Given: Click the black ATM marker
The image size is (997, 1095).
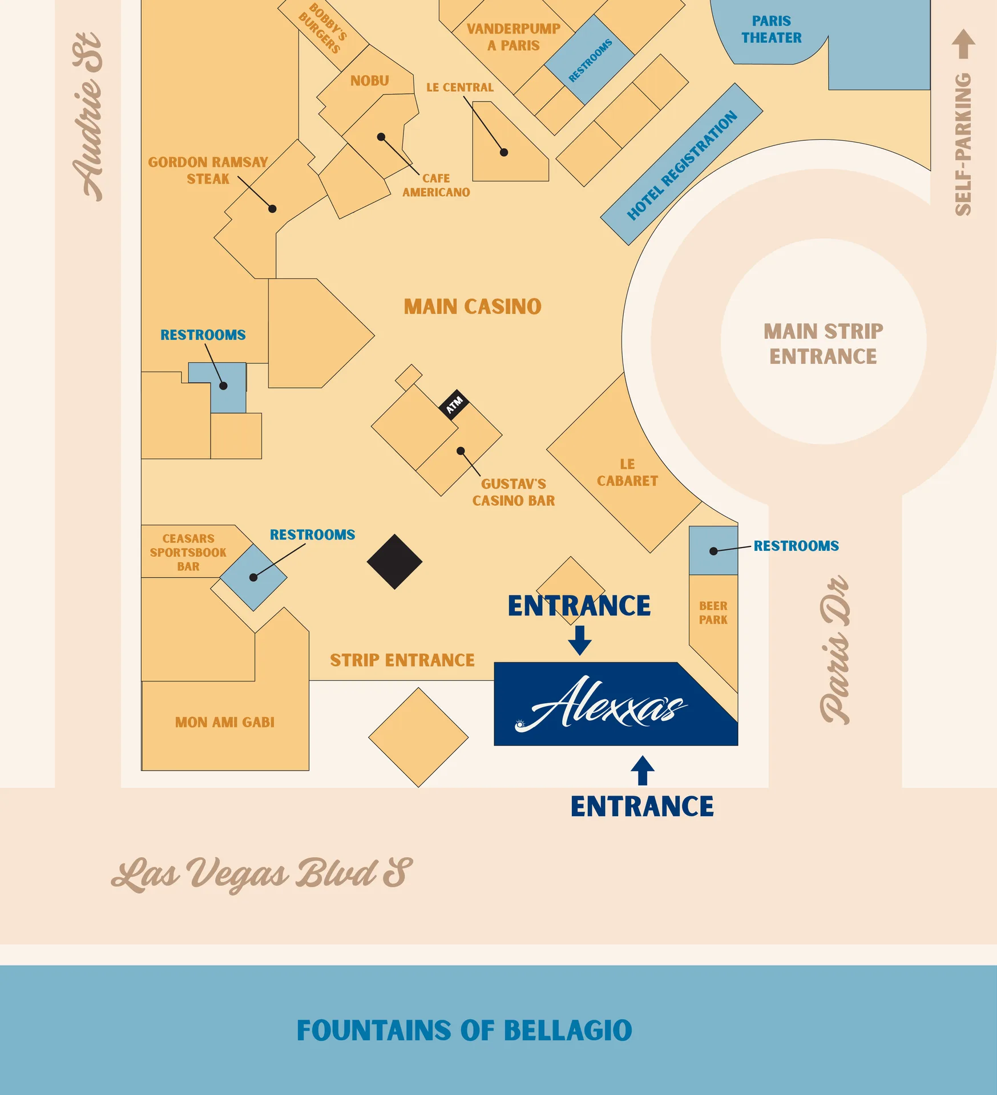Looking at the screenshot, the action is click(455, 405).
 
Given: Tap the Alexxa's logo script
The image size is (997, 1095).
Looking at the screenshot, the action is click(602, 704).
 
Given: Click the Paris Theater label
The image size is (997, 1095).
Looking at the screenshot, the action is click(771, 30).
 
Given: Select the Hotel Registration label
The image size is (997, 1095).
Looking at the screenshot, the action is click(682, 165).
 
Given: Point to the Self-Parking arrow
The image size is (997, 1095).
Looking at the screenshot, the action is click(963, 44).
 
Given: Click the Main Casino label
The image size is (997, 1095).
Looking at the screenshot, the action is click(473, 307).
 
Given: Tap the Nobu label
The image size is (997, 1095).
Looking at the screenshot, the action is click(370, 81).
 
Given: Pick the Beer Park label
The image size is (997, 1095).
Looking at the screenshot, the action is click(713, 613).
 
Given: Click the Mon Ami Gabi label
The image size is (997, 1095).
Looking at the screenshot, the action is click(225, 723).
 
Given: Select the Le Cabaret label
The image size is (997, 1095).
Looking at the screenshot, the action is click(627, 473).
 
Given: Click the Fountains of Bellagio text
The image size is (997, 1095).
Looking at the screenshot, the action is click(465, 1031).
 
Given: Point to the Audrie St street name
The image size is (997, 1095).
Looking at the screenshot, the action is click(88, 117).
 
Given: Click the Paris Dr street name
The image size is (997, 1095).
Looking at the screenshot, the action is click(835, 650).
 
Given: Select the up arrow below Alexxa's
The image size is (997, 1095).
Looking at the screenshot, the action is click(643, 770).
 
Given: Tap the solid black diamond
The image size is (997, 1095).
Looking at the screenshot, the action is click(394, 562).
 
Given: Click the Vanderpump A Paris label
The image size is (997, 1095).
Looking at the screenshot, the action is click(514, 37).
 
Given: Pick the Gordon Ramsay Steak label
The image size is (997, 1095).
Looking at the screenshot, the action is click(208, 171).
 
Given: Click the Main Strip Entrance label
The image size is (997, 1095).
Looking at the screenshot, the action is click(824, 344).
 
